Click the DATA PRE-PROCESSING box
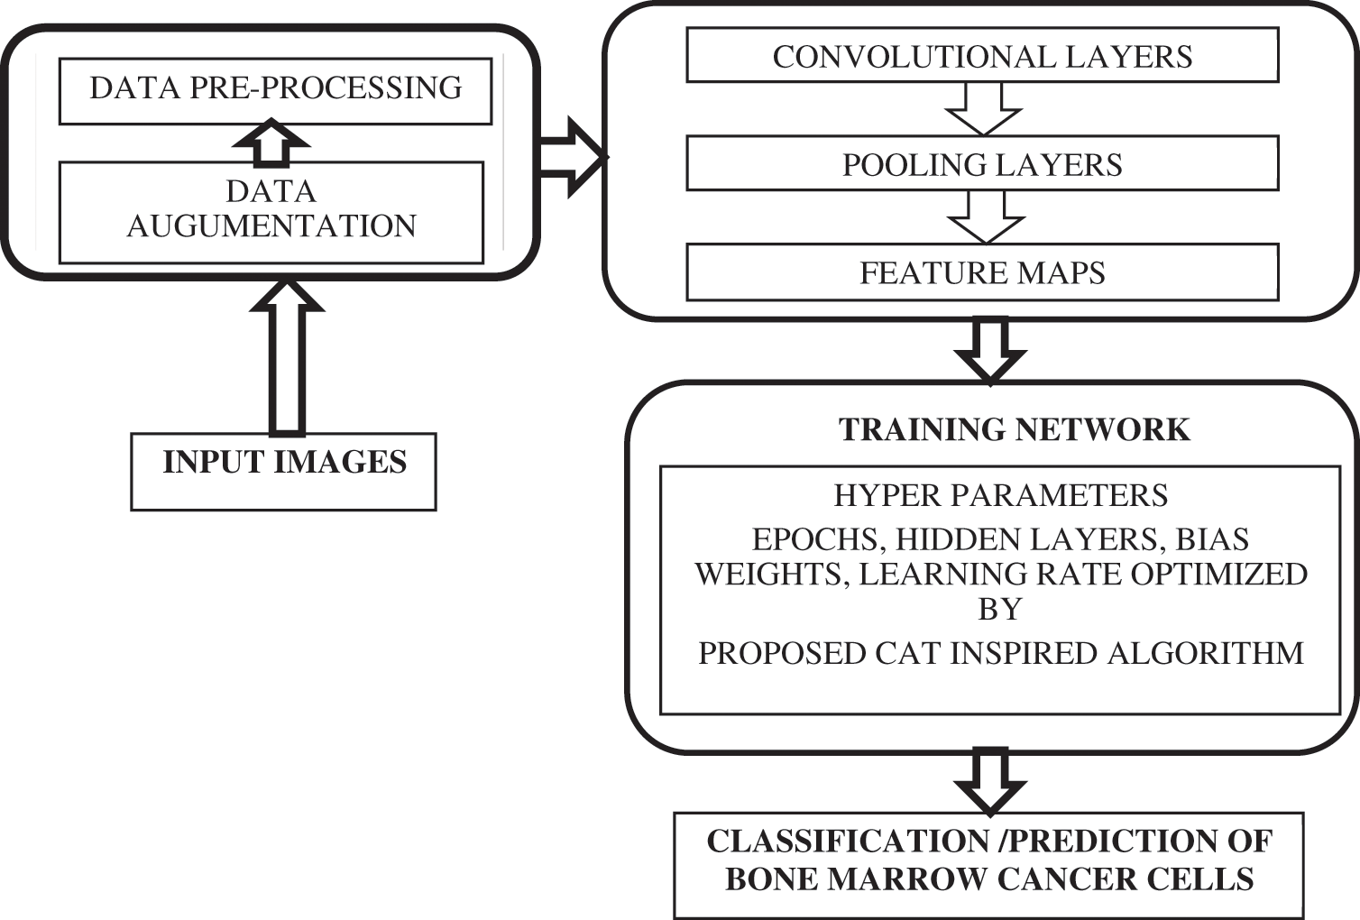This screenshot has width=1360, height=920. coord(275,90)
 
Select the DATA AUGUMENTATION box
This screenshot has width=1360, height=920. coord(271,211)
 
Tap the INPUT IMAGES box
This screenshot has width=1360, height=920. coord(283,471)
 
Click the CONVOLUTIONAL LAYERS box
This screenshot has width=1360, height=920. coord(982,56)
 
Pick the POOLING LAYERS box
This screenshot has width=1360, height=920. coord(982,164)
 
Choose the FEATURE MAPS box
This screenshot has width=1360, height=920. coord(982,272)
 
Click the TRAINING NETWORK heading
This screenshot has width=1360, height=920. coord(1015,429)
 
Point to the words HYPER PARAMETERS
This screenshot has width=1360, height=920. coord(1000,495)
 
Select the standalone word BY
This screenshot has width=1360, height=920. coord(1000,610)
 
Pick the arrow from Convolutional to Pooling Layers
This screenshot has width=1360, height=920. coord(983,107)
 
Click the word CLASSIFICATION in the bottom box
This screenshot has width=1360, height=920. coord(848,841)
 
